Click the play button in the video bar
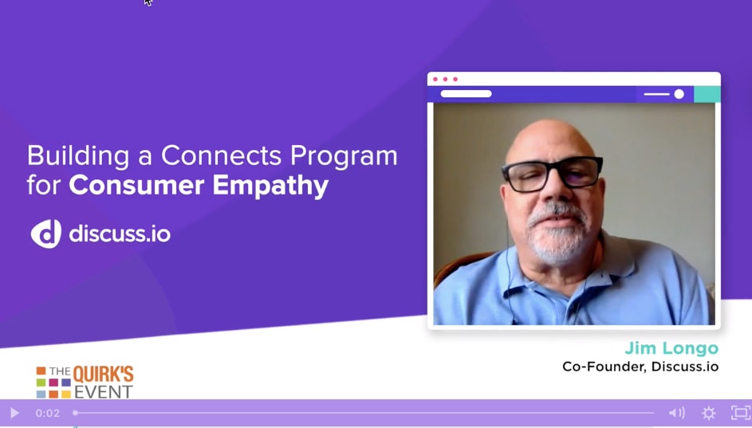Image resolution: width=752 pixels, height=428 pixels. [x=14, y=413]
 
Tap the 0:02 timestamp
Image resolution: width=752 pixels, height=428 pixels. [x=48, y=413]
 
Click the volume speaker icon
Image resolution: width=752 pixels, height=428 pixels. [x=677, y=413]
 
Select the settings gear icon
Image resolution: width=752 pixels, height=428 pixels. [x=709, y=413]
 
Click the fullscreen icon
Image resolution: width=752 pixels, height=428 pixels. [x=741, y=413]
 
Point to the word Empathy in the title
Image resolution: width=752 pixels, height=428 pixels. [x=270, y=186]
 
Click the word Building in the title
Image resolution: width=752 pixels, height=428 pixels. [x=78, y=156]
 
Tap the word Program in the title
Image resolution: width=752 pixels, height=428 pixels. [x=344, y=156]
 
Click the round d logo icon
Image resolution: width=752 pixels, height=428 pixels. [x=46, y=234]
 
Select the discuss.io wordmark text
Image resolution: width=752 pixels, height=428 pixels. [x=120, y=234]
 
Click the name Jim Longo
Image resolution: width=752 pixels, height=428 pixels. [x=671, y=348]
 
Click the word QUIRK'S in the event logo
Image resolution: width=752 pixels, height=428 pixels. [x=103, y=375]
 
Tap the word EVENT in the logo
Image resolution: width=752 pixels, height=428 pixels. [x=103, y=392]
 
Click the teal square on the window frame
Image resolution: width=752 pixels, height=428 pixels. [x=707, y=94]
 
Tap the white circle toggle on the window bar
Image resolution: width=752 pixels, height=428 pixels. [x=679, y=94]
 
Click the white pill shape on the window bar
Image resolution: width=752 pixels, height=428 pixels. [x=467, y=94]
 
